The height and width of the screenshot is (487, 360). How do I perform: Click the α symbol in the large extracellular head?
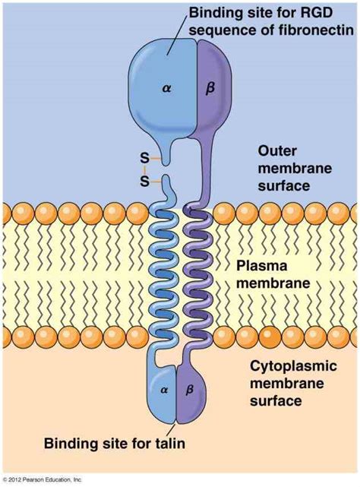[x=166, y=89]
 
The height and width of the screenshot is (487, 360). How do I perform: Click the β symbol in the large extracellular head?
[x=210, y=89]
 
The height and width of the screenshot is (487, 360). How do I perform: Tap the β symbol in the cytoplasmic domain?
[x=189, y=390]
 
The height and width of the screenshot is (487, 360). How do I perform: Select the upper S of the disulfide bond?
[x=144, y=158]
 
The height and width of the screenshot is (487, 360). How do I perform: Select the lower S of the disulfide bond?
[x=144, y=182]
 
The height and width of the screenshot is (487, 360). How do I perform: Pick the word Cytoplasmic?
[x=293, y=366]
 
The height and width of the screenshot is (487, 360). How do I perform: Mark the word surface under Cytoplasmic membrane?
[x=276, y=401]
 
